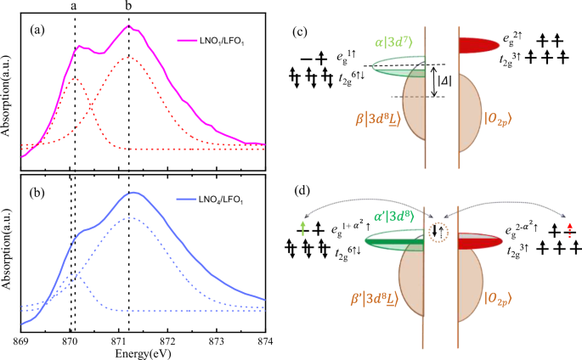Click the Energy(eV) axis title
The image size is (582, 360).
point(137,352)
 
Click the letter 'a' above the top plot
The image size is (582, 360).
point(75,7)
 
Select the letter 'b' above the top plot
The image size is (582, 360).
point(128,7)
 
